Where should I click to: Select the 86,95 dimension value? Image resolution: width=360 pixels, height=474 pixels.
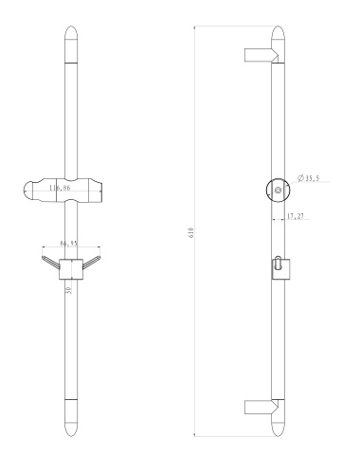68,244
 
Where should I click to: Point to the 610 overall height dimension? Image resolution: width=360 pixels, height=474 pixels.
190,232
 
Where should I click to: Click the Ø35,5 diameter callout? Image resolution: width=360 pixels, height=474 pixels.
307,178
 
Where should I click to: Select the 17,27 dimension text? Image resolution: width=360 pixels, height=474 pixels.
296,217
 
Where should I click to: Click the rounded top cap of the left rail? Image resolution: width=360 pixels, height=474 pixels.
69,39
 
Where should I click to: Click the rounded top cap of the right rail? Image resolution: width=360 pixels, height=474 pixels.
279,38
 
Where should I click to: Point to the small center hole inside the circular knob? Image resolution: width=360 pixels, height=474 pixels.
278,191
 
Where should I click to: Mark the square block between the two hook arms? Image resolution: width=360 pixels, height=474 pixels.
68,268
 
